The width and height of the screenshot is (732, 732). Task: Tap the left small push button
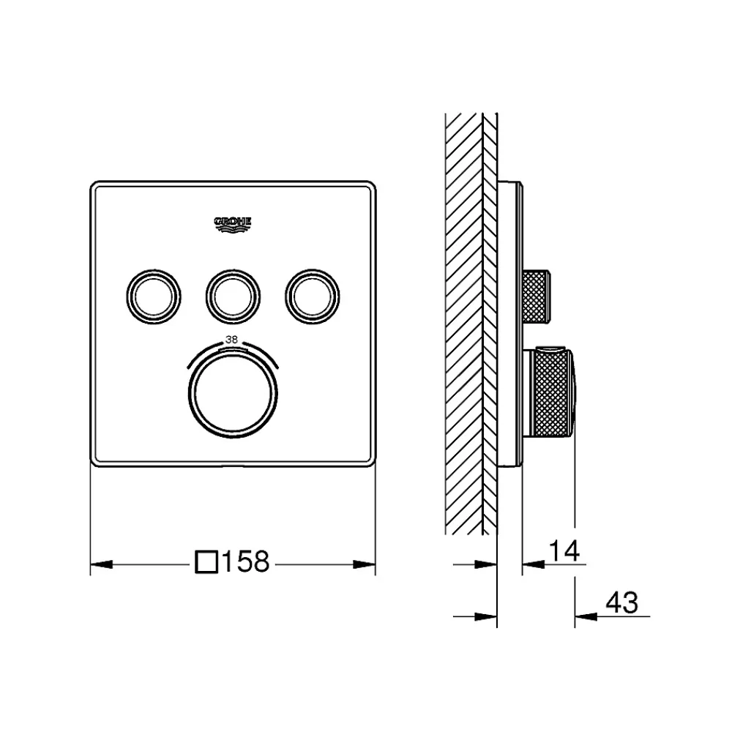pos(154,296)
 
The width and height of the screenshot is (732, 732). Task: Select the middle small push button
pos(233,296)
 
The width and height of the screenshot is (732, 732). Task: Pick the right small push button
pos(313,296)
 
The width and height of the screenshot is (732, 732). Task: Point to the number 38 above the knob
pos(231,340)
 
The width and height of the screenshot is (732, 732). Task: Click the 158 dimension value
pos(245,561)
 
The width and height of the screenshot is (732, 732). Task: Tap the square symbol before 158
pos(206,561)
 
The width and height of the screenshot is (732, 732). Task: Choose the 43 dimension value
pos(621,602)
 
